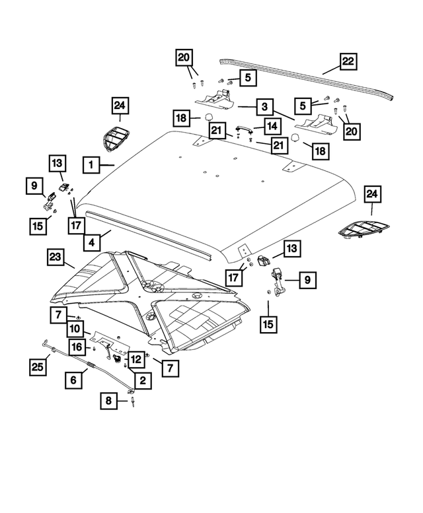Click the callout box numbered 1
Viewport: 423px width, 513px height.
(x=92, y=164)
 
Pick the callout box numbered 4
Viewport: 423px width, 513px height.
(x=93, y=242)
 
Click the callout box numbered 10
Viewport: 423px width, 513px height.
(x=74, y=328)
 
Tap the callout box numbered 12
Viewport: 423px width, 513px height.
(x=135, y=359)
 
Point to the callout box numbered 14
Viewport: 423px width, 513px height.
(x=272, y=125)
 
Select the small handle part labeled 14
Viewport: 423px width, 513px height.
(x=244, y=129)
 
